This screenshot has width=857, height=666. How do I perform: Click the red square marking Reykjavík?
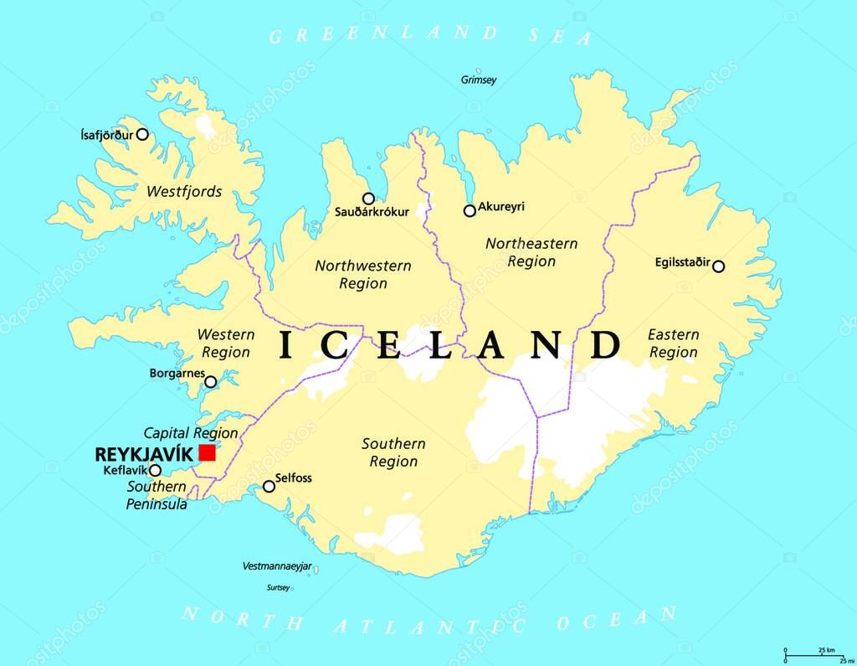point(207,453)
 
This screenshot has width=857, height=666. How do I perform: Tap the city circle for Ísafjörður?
point(142,134)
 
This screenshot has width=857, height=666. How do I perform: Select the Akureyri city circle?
point(470,211)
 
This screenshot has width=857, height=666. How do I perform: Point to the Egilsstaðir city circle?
point(718,266)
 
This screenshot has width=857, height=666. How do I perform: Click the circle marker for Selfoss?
point(269,486)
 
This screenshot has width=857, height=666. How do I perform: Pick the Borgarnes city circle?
point(211,382)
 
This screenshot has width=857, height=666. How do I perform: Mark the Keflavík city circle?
point(155,470)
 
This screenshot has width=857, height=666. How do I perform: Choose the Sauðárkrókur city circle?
point(368,199)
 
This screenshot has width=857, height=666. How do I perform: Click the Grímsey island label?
point(479,80)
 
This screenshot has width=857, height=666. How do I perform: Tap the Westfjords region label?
point(184,192)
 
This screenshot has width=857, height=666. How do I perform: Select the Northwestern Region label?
point(363,275)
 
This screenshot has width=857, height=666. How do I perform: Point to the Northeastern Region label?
point(531,252)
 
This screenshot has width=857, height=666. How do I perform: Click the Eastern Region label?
point(674,343)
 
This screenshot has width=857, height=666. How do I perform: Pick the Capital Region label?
point(191,433)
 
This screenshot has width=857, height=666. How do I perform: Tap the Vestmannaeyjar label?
point(276,566)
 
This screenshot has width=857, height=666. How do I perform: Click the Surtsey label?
point(279,588)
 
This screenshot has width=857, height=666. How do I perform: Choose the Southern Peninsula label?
point(157,495)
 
